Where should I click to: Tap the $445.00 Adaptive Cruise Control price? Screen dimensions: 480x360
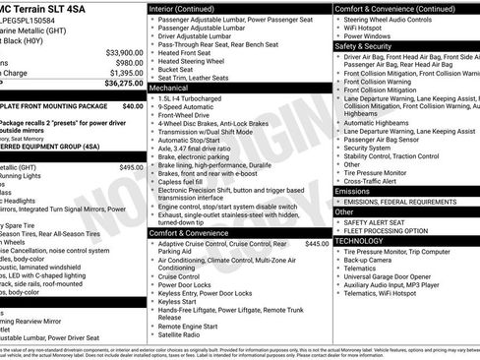(x=317, y=243)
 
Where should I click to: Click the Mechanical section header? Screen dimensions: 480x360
(x=173, y=88)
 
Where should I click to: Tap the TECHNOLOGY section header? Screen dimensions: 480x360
(x=364, y=240)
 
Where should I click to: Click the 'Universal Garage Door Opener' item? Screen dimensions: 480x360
(x=397, y=277)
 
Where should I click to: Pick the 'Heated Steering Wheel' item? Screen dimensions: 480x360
(x=198, y=61)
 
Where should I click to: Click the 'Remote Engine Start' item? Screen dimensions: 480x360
(x=192, y=325)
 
